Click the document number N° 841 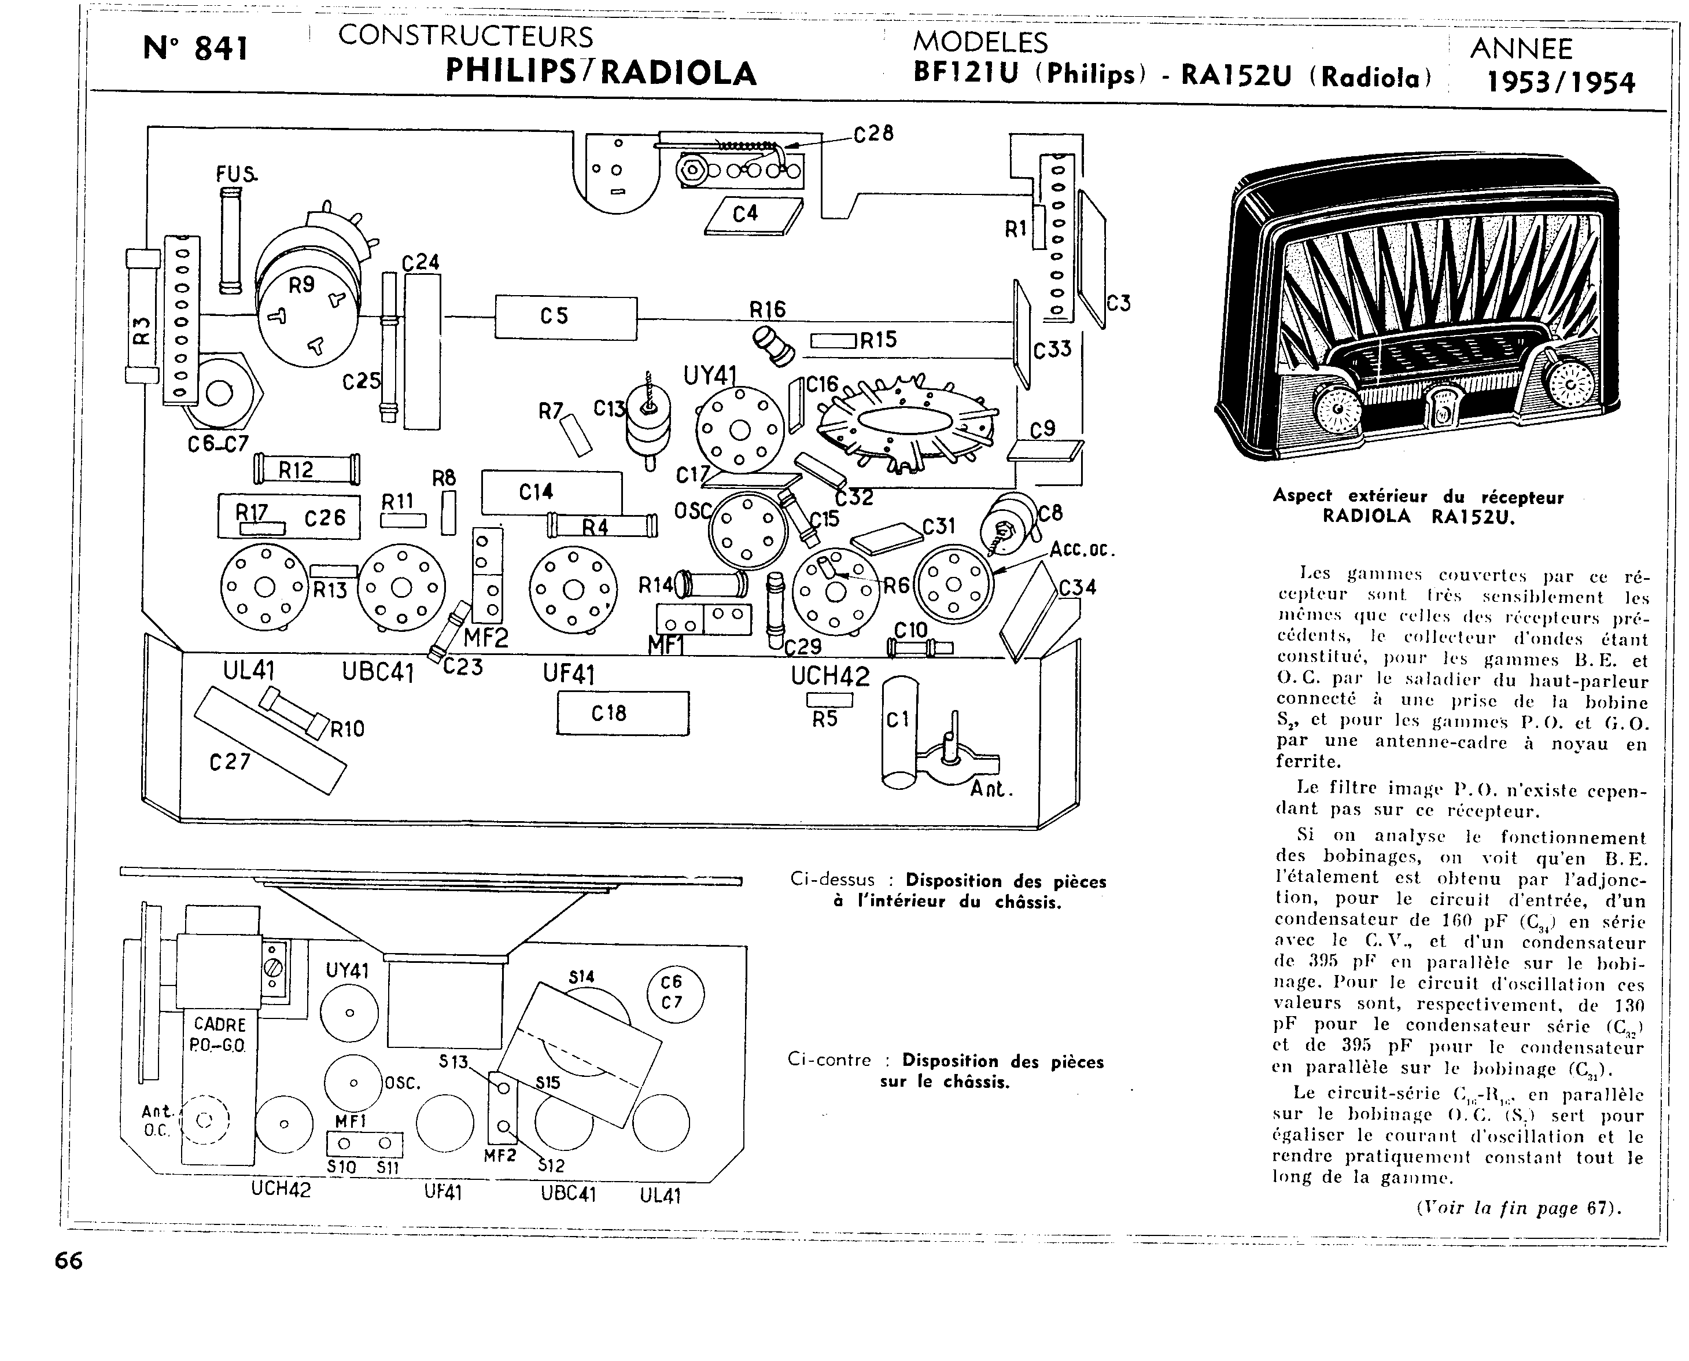tap(196, 49)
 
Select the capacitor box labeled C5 tap(565, 318)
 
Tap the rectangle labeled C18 tap(622, 713)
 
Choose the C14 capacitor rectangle tap(551, 492)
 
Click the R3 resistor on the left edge tap(141, 315)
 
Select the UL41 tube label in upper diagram tap(249, 671)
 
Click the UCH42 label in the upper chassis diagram tap(830, 676)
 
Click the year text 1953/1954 tap(1561, 82)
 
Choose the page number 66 tap(69, 1261)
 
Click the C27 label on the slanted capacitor tap(230, 762)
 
